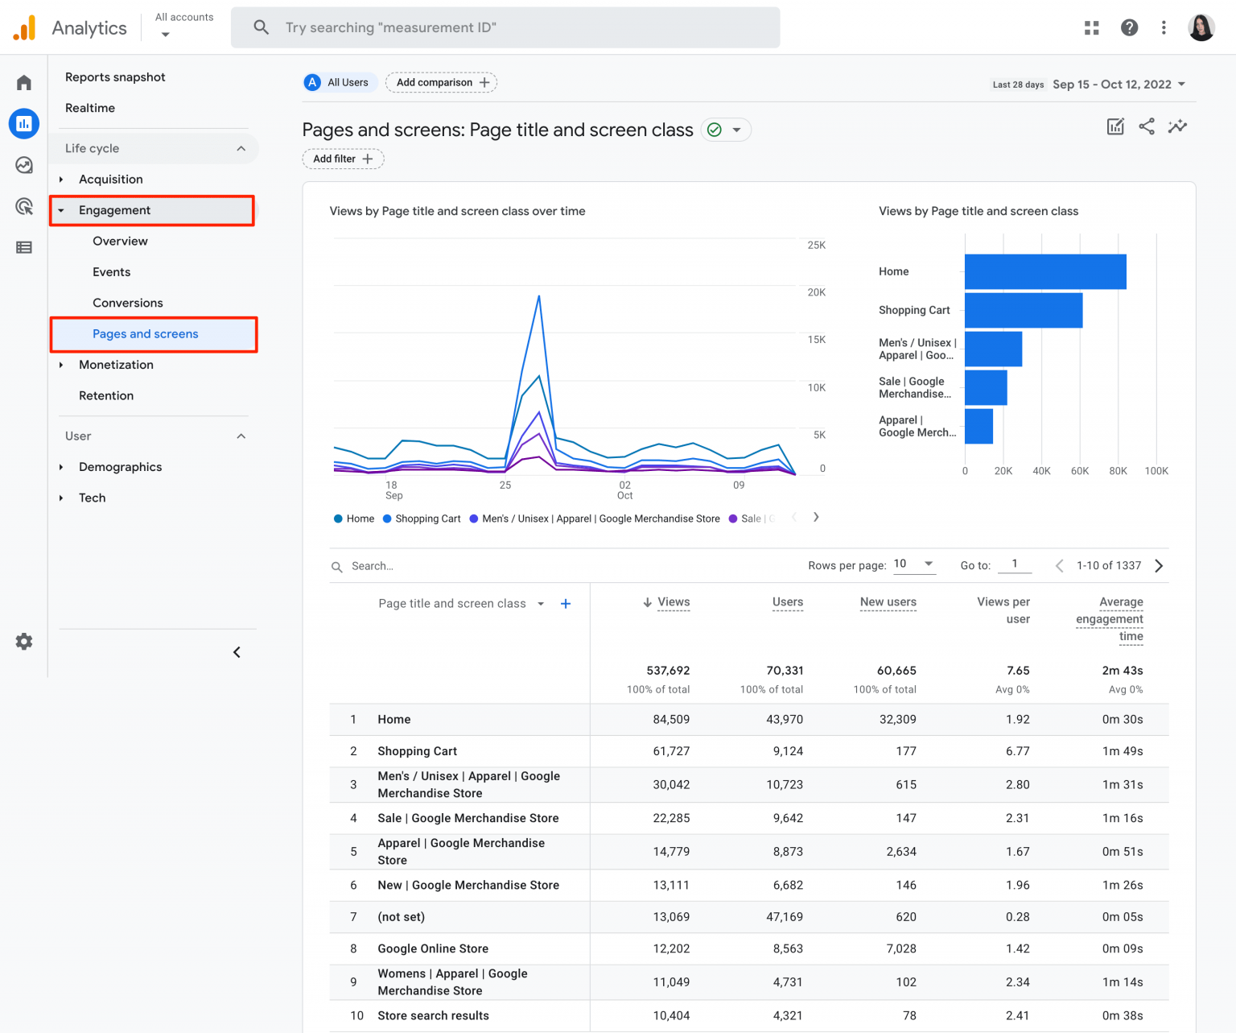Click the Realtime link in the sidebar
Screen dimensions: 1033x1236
(x=90, y=108)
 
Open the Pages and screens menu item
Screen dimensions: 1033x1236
(x=145, y=334)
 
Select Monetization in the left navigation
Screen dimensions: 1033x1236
(x=116, y=365)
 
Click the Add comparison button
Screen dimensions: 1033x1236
(x=441, y=82)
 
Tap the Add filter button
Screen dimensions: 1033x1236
(x=343, y=159)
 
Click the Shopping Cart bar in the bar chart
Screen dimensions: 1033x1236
(x=1023, y=311)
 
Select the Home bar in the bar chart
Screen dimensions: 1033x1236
(x=1044, y=272)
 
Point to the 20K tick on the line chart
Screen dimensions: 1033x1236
(x=816, y=292)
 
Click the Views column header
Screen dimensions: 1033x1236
(x=673, y=602)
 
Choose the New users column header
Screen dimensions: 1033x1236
(x=888, y=602)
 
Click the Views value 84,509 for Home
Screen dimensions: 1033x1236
(x=671, y=720)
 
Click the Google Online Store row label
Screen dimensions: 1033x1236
(x=433, y=949)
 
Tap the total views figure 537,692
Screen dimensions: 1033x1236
(x=668, y=671)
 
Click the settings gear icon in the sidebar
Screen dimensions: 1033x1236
(x=24, y=642)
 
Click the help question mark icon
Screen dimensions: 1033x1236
(x=1129, y=27)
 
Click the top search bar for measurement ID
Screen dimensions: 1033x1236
(x=505, y=27)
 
